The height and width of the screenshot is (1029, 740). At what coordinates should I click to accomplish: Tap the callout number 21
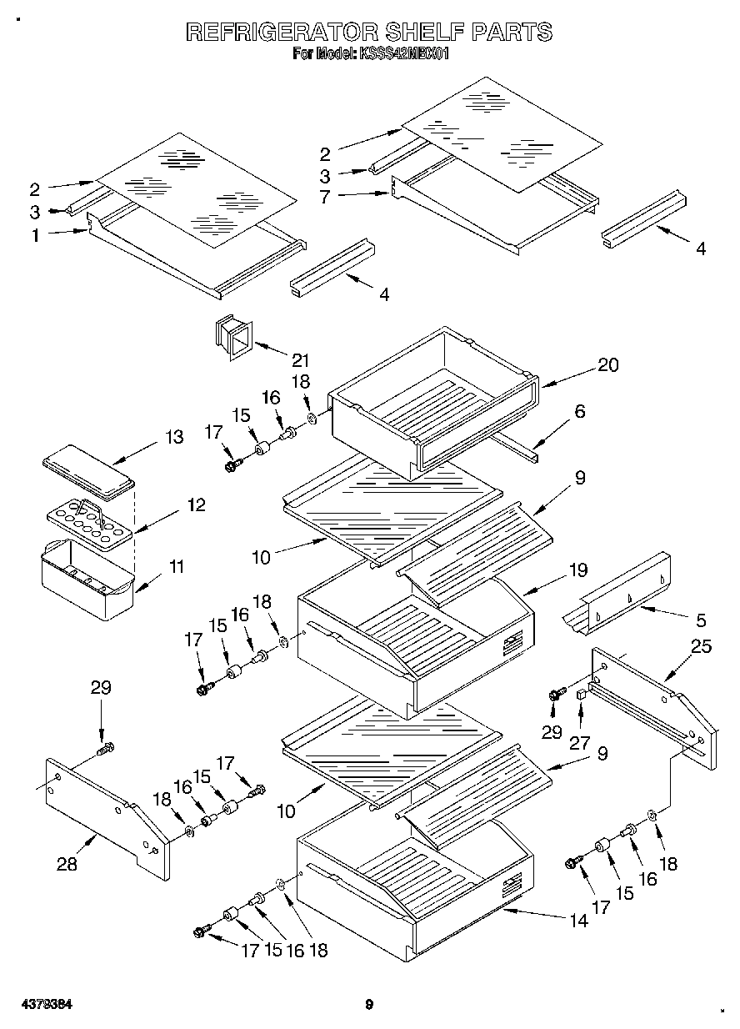(300, 360)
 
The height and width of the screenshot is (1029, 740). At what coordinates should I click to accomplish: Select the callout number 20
(608, 364)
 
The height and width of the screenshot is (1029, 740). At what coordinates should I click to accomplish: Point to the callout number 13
(174, 437)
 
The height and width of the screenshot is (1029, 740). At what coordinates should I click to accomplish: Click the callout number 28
(67, 865)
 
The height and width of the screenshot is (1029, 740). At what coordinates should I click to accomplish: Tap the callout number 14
(578, 921)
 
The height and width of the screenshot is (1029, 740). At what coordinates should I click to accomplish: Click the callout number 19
(578, 570)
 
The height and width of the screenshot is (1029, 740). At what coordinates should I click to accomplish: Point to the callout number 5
(700, 620)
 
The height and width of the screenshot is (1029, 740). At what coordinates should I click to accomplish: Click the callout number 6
(580, 410)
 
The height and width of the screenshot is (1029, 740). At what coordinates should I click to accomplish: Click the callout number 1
(36, 236)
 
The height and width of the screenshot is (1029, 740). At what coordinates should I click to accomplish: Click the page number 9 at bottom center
(368, 1004)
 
